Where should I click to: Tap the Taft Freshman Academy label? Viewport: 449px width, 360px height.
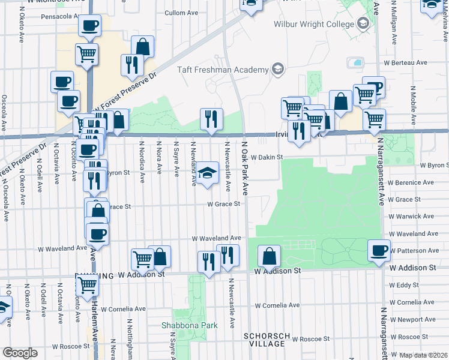(x=223, y=70)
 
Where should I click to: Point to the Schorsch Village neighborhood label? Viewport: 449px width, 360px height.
(x=268, y=340)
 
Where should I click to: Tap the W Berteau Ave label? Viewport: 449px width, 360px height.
(x=405, y=62)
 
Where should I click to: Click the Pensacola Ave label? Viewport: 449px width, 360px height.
(x=61, y=16)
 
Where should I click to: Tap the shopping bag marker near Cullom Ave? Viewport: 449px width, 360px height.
(x=143, y=46)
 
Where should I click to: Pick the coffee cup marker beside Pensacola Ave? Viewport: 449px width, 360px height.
(x=89, y=25)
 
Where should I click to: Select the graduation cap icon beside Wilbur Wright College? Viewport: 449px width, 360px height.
(x=363, y=24)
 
